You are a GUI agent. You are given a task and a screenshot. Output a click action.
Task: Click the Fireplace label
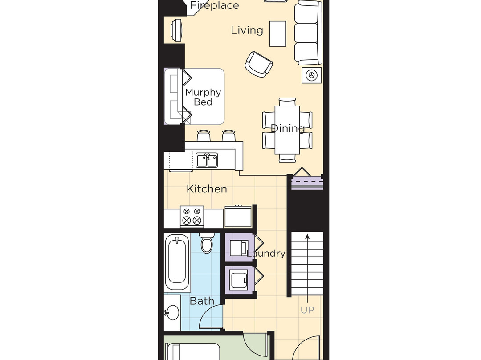(x=214, y=6)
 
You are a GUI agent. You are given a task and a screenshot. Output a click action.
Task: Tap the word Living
(x=247, y=30)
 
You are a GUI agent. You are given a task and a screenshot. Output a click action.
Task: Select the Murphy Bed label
(x=203, y=97)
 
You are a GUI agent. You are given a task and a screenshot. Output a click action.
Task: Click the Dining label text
(x=288, y=129)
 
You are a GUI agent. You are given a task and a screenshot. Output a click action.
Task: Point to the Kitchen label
(x=207, y=189)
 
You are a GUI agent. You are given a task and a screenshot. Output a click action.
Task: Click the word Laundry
(x=266, y=254)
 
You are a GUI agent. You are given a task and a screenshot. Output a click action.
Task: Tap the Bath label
(x=202, y=301)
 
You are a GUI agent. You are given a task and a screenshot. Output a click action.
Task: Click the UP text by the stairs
(x=307, y=310)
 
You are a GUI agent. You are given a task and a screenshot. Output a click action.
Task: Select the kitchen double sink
(x=207, y=160)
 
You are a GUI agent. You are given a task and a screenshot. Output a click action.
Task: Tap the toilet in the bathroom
(x=207, y=243)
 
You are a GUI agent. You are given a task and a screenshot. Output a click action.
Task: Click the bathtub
(x=176, y=261)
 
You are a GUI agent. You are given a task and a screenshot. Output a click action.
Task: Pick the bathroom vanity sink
(x=171, y=313)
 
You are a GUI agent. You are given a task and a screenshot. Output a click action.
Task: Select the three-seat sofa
(x=308, y=32)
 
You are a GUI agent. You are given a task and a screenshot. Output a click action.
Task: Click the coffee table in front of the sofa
(x=278, y=33)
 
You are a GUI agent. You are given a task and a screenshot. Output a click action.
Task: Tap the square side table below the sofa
(x=311, y=75)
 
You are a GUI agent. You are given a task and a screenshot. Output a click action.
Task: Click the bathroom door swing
(x=210, y=317)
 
